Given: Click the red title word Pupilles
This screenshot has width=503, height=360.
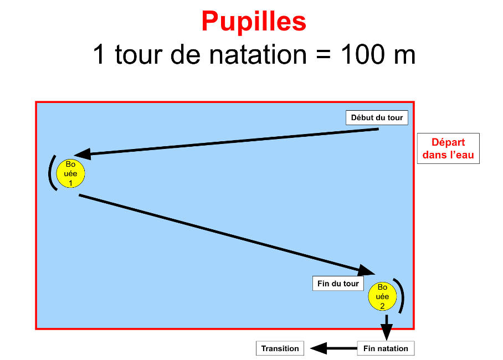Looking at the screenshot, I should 254,22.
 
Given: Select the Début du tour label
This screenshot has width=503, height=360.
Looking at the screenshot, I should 377,118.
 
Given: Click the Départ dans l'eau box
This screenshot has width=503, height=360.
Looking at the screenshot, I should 448,148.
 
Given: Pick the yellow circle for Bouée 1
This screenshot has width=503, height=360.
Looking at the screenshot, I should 70,173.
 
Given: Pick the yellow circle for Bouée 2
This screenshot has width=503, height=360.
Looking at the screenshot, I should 382,296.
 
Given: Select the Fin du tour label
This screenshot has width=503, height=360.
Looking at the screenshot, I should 338,284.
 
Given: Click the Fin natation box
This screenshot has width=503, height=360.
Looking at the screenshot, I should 386,348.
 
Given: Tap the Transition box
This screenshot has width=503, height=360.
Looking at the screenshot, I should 280,348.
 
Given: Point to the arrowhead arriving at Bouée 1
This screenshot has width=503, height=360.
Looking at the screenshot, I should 81,154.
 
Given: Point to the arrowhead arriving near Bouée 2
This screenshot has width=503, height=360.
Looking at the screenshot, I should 367,270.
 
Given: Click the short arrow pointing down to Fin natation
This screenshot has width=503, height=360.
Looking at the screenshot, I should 387,327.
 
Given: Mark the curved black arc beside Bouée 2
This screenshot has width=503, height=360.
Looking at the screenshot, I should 401,296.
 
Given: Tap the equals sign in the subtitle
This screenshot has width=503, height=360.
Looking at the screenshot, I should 319,54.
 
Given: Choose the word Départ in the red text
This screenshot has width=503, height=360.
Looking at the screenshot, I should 448,142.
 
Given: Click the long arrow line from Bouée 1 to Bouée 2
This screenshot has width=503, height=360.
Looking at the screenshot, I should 222,233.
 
